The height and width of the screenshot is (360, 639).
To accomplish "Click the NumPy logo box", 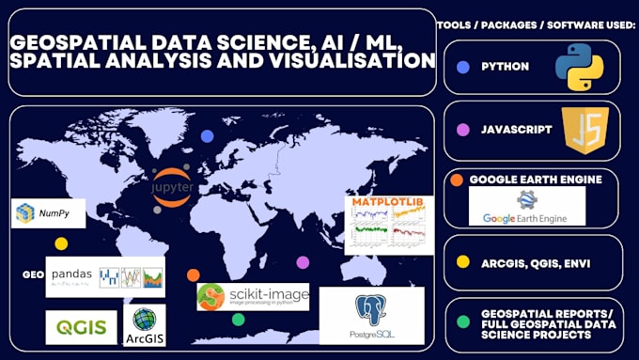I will point(48,213).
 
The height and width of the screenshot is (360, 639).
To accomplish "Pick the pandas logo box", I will point(104,276).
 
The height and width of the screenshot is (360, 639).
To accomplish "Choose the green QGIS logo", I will point(81,327).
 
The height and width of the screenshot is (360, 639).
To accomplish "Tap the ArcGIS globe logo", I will point(144,324).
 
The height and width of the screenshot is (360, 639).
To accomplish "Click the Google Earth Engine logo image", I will point(526,206).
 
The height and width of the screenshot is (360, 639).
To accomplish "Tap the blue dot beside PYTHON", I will point(461,68).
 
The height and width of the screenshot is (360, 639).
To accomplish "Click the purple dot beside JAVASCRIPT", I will point(461,130).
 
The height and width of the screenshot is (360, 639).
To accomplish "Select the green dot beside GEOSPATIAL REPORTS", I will point(461,321).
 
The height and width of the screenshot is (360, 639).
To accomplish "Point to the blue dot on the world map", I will point(208,136).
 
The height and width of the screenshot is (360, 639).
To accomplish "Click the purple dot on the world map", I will point(303,262).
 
